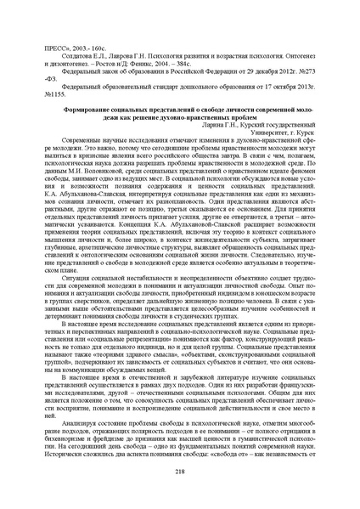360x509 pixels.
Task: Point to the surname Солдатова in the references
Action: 75,51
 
